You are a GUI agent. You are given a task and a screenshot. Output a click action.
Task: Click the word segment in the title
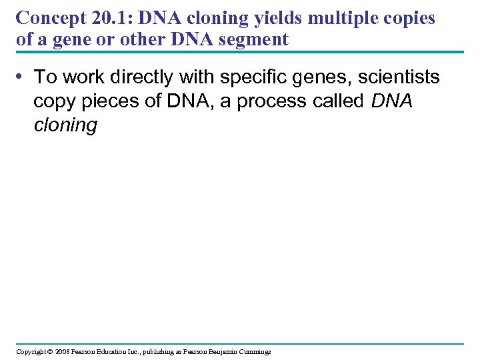pos(255,39)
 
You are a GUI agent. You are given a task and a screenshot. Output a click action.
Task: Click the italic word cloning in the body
pos(65,125)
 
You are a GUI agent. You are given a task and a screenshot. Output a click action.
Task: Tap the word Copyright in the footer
pos(31,351)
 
